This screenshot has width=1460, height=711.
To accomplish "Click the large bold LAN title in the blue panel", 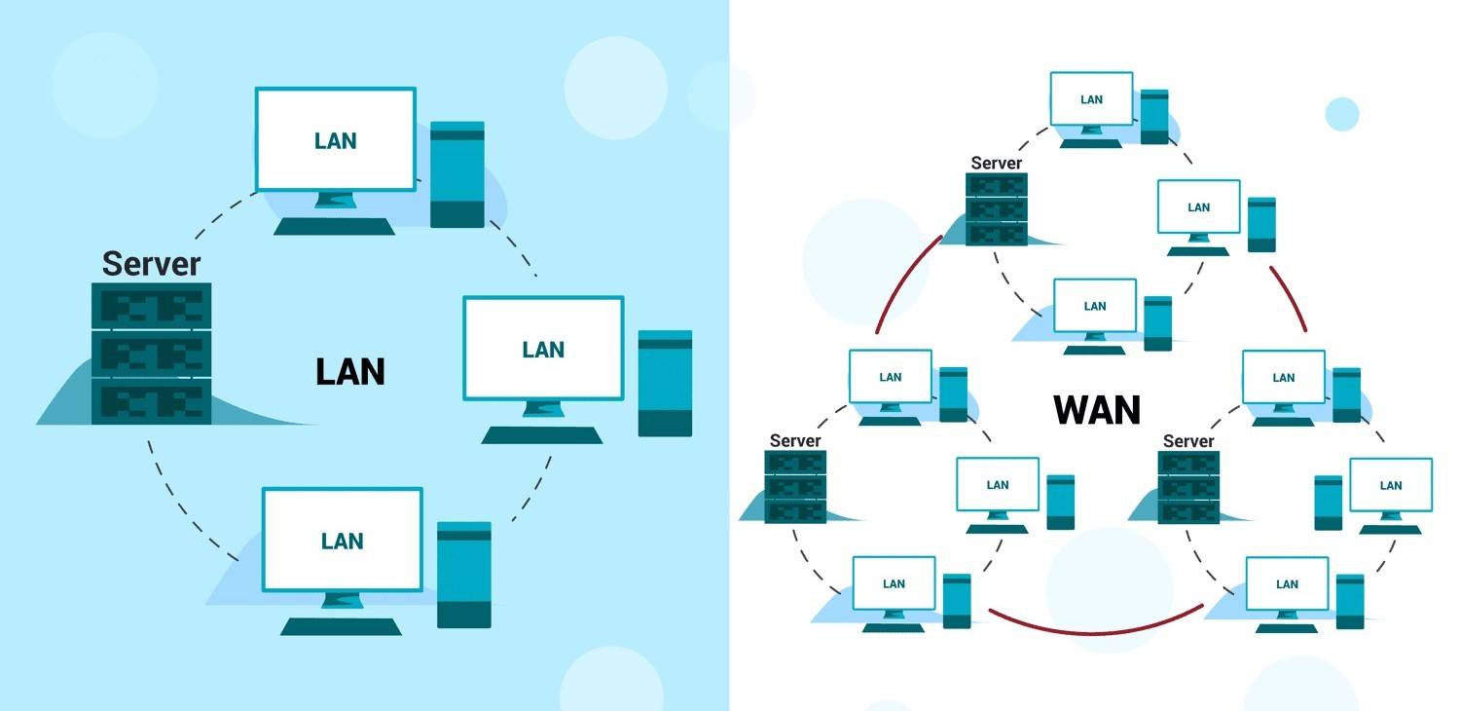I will click(350, 371).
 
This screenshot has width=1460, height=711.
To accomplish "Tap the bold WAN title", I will click(1097, 410).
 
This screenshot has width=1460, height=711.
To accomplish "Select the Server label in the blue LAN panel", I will click(151, 264).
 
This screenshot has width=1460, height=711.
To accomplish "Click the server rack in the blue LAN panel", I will click(151, 354).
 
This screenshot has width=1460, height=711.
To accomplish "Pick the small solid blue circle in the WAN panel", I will click(1341, 114).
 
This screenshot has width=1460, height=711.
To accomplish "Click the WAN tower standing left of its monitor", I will click(1328, 502).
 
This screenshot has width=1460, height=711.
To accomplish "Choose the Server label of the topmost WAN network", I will click(996, 163).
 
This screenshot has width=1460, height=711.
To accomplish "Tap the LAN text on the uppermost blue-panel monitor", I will click(336, 141).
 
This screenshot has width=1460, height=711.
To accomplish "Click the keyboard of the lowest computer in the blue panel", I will click(341, 626).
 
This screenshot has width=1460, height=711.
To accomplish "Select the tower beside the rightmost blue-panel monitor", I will click(665, 383).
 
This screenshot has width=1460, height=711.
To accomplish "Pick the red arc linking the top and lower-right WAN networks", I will click(1290, 297).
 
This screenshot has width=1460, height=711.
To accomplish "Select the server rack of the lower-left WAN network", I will click(795, 486).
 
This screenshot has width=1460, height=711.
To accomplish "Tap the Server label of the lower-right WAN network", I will click(1188, 441).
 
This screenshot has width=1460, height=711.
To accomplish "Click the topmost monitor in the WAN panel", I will click(1091, 99).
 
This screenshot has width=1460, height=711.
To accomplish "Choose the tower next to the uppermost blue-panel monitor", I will click(456, 174).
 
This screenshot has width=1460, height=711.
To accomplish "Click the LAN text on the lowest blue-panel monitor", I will click(343, 541).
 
